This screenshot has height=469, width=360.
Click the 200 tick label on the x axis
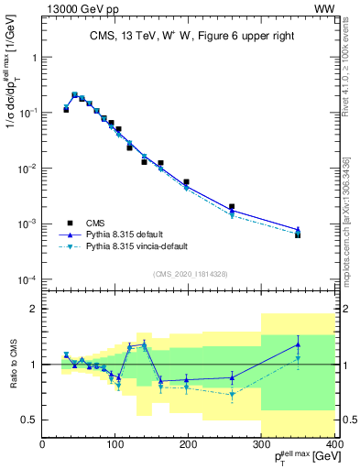coord(187,445)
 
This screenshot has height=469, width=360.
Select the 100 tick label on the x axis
coord(115,445)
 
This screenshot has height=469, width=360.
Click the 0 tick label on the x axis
coord(43,445)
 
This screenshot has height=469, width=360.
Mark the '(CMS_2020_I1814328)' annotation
coord(191,272)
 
